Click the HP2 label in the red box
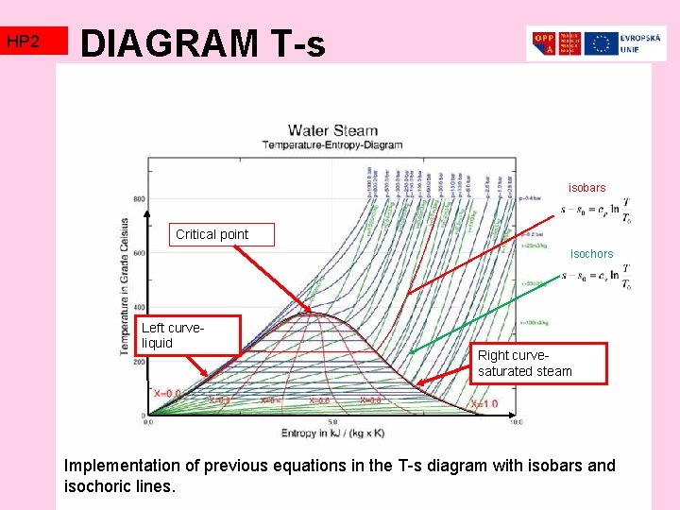[23, 42]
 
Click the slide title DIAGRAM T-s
[203, 43]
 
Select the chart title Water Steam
[332, 130]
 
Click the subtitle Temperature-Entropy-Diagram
[332, 144]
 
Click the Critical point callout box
[212, 234]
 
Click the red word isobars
[586, 188]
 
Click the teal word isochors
[591, 253]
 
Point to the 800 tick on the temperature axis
[139, 199]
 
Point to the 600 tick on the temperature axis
[139, 253]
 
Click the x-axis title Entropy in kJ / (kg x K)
[331, 433]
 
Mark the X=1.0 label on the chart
[484, 404]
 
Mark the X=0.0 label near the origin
[167, 393]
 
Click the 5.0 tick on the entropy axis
[332, 422]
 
